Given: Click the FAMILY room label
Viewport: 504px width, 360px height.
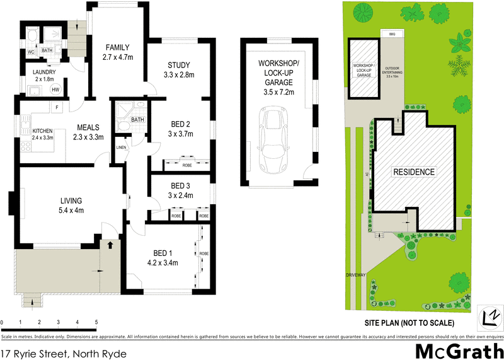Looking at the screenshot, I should [118, 47].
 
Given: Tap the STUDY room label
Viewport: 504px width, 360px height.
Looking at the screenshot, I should [178, 65].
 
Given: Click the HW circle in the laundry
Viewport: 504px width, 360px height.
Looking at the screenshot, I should [55, 90].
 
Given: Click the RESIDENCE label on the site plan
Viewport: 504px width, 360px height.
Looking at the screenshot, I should [413, 171].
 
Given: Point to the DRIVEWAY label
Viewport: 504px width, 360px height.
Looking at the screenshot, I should [356, 276].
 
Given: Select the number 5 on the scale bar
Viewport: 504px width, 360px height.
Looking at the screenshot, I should [96, 322].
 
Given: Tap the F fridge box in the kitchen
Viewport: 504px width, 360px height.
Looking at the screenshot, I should [57, 108].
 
